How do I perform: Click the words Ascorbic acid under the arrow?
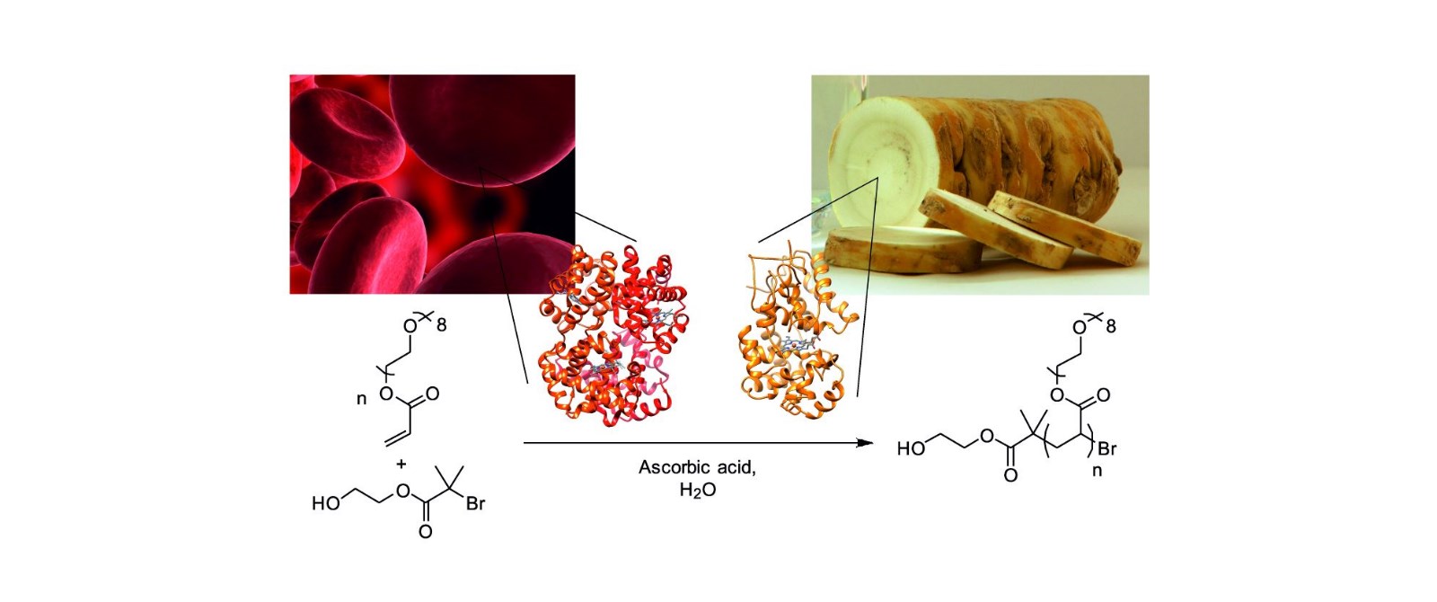(x=697, y=467)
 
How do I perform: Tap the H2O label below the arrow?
(x=697, y=491)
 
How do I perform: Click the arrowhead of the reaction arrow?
(x=866, y=443)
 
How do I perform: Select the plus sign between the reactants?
(x=401, y=463)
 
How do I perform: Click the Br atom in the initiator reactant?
(x=475, y=504)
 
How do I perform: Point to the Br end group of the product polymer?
(x=1106, y=448)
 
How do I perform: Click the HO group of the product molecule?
(x=911, y=448)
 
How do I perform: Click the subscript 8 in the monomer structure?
(x=441, y=325)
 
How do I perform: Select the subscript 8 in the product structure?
(x=1110, y=326)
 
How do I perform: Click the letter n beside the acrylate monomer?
(x=362, y=399)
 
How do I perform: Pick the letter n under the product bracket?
(x=1097, y=471)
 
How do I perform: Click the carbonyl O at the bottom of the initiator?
(x=425, y=532)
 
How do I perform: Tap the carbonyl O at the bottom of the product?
(x=1011, y=475)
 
